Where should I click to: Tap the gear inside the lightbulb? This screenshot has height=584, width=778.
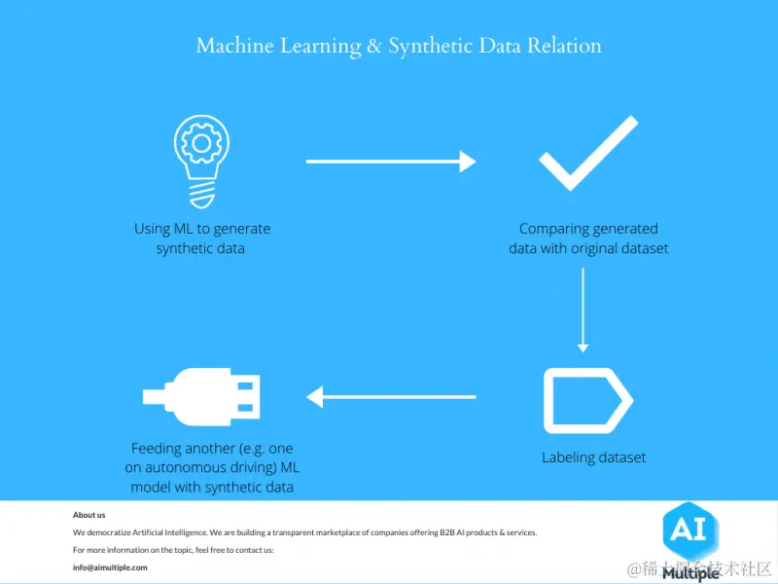tap(202, 144)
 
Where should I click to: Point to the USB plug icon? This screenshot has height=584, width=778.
tap(202, 396)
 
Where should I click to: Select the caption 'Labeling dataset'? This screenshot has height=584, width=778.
tap(593, 457)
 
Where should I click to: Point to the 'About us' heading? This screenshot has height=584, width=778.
tap(88, 515)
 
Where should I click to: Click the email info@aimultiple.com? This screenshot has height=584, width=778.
tap(110, 567)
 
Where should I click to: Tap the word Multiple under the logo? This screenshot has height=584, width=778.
tap(691, 574)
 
